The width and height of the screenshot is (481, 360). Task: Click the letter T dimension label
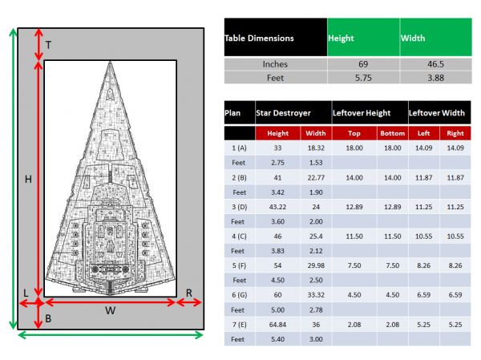(x=48, y=46)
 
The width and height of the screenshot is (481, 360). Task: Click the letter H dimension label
(x=28, y=180)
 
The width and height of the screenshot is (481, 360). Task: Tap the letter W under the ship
(x=110, y=311)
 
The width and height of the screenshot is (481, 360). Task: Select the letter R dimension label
(x=189, y=293)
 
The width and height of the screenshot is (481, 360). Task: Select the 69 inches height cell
(x=363, y=64)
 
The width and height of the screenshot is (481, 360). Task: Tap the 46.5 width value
(x=434, y=64)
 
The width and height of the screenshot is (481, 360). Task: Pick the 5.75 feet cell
(x=363, y=78)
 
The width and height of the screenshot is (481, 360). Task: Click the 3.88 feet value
(x=434, y=78)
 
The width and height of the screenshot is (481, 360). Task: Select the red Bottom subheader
(x=392, y=134)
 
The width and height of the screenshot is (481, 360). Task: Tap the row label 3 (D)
(x=238, y=207)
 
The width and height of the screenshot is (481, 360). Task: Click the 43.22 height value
(x=277, y=207)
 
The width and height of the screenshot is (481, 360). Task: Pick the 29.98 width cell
(x=316, y=265)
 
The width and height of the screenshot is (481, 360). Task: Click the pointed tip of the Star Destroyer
(x=109, y=65)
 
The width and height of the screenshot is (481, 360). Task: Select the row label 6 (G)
(x=238, y=295)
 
